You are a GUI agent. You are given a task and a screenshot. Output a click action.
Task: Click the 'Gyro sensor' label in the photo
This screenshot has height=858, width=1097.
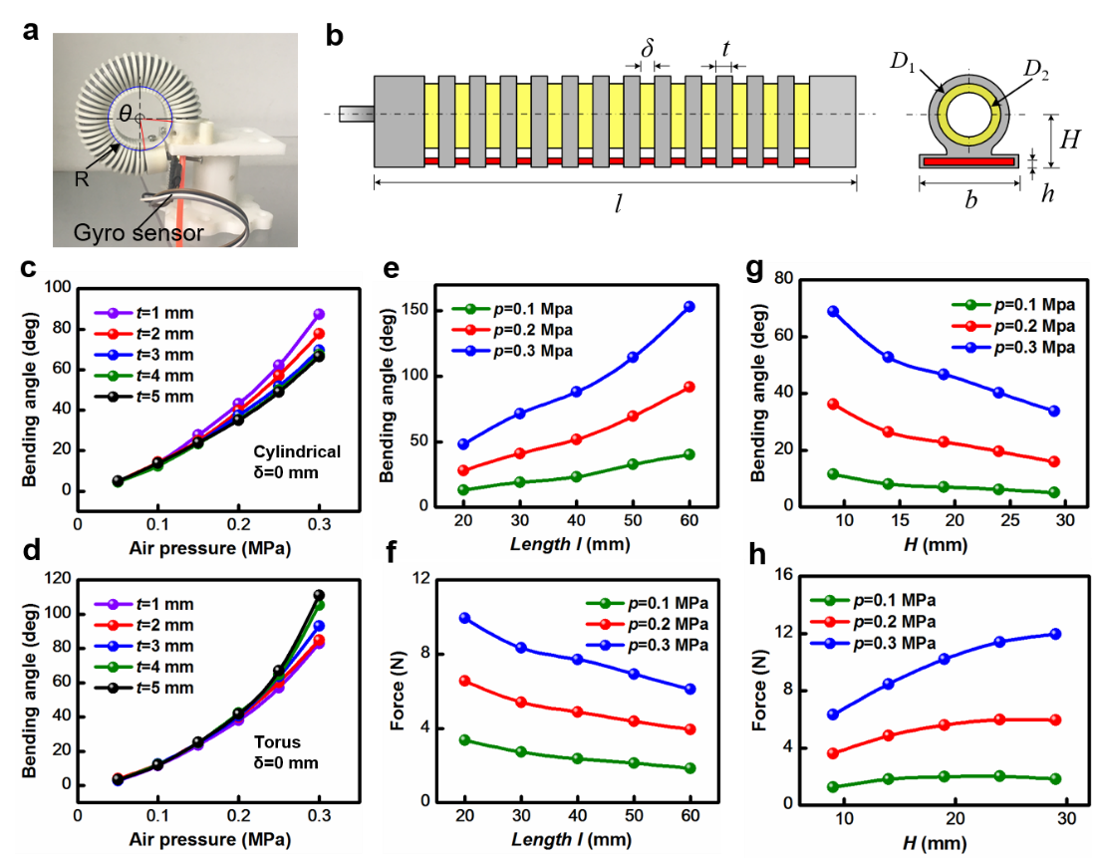click(x=138, y=233)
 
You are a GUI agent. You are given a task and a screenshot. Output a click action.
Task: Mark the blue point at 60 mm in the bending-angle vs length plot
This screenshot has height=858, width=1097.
click(x=688, y=307)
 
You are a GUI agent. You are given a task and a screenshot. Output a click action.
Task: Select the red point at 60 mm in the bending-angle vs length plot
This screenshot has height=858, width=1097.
click(x=688, y=387)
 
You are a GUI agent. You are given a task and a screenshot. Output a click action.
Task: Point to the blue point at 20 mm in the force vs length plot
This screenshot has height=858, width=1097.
click(x=464, y=618)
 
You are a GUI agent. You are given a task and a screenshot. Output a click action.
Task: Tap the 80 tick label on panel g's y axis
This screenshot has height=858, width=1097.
click(x=783, y=279)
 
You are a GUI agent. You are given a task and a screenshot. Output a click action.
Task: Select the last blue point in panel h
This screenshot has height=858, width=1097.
click(x=1055, y=634)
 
